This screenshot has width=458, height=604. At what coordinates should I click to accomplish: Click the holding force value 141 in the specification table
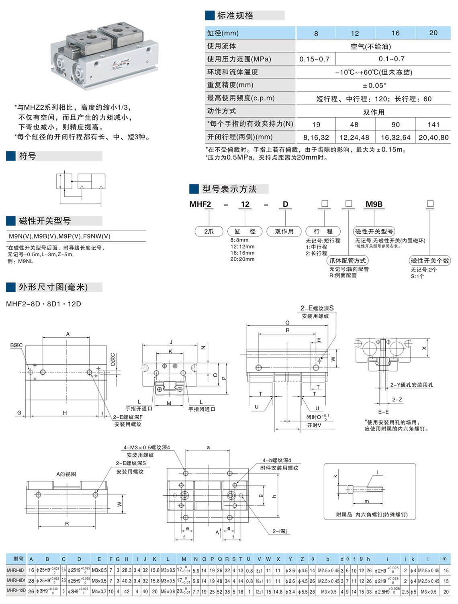pyautogui.click(x=433, y=124)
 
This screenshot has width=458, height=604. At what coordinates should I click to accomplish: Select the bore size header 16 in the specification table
pyautogui.click(x=395, y=33)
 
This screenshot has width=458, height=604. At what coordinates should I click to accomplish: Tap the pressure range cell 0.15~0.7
pyautogui.click(x=314, y=59)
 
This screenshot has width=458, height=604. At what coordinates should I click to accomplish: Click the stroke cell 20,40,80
pyautogui.click(x=433, y=137)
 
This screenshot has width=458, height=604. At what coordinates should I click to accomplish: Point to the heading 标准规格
pyautogui.click(x=235, y=16)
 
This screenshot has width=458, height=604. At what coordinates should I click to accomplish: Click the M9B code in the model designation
pyautogui.click(x=374, y=204)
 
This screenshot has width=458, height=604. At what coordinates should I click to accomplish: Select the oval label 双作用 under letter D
pyautogui.click(x=284, y=231)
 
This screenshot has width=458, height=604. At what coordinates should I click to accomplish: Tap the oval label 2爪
pyautogui.click(x=209, y=231)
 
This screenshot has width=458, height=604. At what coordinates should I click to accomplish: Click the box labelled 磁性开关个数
pyautogui.click(x=429, y=261)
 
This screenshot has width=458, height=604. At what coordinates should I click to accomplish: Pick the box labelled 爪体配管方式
pyautogui.click(x=348, y=261)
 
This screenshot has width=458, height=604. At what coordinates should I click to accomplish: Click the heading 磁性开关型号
pyautogui.click(x=45, y=221)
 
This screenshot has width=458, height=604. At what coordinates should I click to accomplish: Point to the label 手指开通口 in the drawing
pyautogui.click(x=139, y=409)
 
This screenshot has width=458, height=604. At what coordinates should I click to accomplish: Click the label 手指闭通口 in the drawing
pyautogui.click(x=202, y=409)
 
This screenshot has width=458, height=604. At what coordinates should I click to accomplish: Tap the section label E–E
pyautogui.click(x=383, y=412)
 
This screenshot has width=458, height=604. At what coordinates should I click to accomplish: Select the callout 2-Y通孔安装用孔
pyautogui.click(x=411, y=385)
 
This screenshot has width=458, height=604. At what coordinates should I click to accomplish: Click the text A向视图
pyautogui.click(x=66, y=474)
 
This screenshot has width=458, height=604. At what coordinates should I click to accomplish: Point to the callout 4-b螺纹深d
pyautogui.click(x=277, y=460)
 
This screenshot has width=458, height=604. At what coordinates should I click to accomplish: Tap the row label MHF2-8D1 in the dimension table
pyautogui.click(x=16, y=581)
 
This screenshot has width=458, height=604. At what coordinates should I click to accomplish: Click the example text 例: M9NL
pyautogui.click(x=20, y=261)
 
